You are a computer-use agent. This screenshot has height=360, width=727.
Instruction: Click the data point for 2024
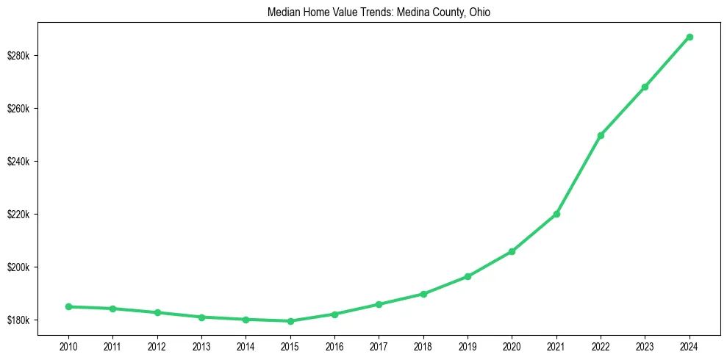pyautogui.click(x=690, y=37)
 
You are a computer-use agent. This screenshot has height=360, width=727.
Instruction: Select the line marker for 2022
pyautogui.click(x=601, y=135)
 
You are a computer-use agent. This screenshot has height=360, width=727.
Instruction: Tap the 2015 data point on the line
pyautogui.click(x=290, y=321)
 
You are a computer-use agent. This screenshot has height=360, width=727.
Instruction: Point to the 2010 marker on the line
pyautogui.click(x=68, y=306)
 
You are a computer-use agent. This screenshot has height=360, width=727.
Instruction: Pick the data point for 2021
pyautogui.click(x=556, y=214)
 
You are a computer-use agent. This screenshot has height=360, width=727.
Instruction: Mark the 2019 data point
pyautogui.click(x=468, y=276)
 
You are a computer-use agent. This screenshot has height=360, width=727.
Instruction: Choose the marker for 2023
pyautogui.click(x=645, y=87)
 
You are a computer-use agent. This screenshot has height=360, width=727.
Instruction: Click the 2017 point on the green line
pyautogui.click(x=379, y=304)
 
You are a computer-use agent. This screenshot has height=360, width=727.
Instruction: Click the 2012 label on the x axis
pyautogui.click(x=157, y=345)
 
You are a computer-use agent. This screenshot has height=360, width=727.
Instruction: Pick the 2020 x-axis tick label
pyautogui.click(x=512, y=345)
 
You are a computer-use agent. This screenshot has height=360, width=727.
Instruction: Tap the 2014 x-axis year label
pyautogui.click(x=246, y=345)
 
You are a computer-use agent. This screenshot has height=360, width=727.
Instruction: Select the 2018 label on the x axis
pyautogui.click(x=423, y=345)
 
